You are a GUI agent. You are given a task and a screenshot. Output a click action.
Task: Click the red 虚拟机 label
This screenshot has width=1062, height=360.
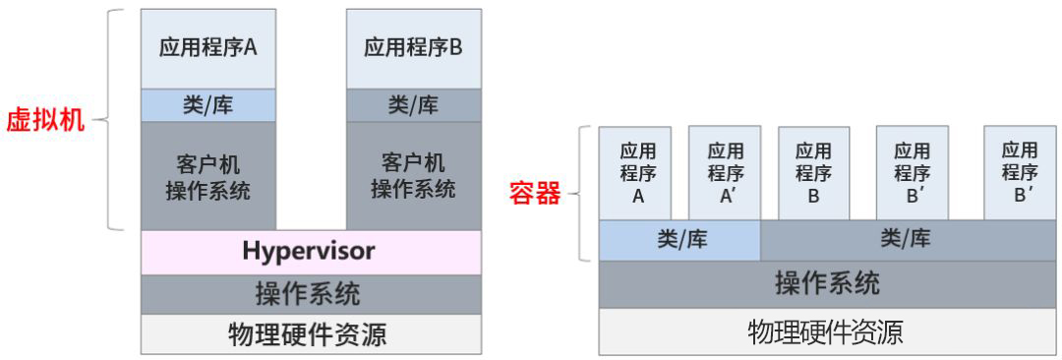coord(45,121)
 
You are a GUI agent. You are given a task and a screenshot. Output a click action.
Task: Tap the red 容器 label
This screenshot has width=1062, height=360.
coord(535,193)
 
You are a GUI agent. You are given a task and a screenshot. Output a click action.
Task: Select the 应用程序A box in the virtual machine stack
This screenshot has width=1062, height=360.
coord(208,48)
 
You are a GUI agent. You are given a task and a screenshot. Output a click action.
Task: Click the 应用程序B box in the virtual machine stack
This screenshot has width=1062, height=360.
coord(413,48)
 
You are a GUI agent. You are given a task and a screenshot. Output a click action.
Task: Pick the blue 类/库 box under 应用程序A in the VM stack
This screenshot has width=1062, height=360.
coord(208,105)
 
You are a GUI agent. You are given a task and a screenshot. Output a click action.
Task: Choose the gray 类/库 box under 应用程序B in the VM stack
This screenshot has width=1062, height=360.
coord(413,105)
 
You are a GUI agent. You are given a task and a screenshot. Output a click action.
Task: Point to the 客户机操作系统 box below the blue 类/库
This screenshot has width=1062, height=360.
coord(208,175)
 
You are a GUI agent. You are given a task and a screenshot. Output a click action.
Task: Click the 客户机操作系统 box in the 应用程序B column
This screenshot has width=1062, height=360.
coord(413,175)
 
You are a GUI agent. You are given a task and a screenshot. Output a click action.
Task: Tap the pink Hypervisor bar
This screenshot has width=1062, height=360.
coord(311,252)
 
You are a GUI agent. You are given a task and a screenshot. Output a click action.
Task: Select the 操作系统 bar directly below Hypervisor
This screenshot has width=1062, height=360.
coord(311,294)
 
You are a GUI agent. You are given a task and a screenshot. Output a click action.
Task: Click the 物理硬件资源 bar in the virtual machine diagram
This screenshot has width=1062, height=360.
coord(311,334)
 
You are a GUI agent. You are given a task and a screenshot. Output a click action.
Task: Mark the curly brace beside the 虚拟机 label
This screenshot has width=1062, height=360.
coord(112,121)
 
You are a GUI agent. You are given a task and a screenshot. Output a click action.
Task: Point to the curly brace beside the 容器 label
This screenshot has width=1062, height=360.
coord(582,193)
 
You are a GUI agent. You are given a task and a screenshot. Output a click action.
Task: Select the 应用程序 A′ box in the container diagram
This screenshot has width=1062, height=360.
coord(726,172)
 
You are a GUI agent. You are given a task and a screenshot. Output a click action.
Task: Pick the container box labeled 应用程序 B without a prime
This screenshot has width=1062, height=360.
coord(813,172)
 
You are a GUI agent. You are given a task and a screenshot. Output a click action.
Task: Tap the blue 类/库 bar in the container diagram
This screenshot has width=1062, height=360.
coord(680,239)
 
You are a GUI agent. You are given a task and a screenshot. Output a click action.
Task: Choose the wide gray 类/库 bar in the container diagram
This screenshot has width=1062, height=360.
coord(905,239)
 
